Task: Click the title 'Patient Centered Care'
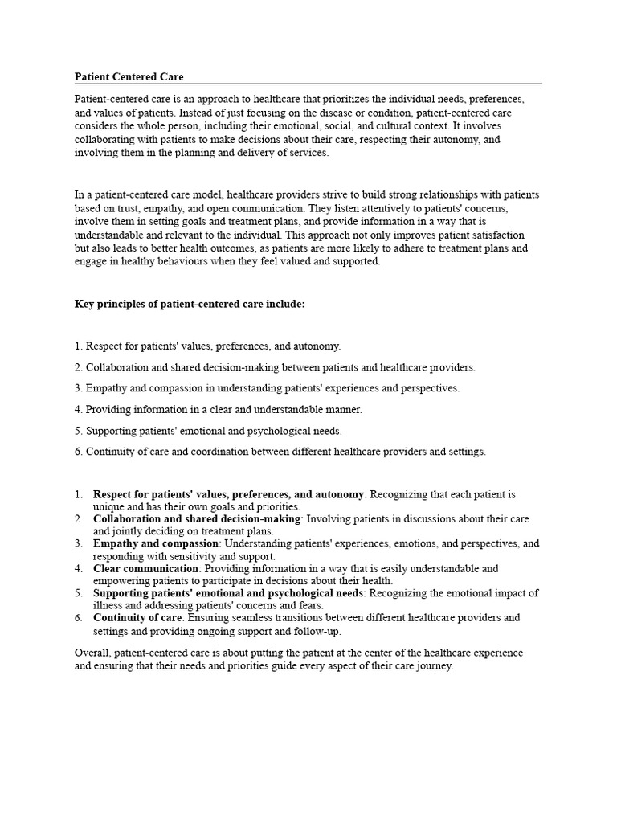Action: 129,77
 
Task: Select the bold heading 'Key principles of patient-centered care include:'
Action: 190,305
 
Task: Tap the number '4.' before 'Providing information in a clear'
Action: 79,409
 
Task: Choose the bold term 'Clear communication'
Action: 145,568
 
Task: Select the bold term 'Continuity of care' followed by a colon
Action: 138,618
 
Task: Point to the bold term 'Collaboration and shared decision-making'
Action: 197,519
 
